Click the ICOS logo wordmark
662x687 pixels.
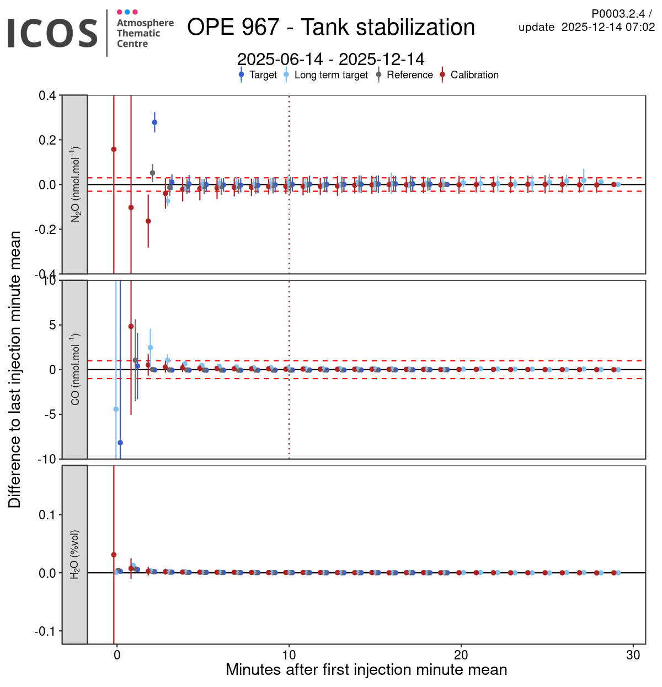tap(52, 33)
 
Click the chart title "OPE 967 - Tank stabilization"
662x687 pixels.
tap(331, 27)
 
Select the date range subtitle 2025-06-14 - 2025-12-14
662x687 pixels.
tap(331, 59)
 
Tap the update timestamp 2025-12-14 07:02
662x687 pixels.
tap(608, 27)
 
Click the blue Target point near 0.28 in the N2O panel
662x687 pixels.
tap(154, 123)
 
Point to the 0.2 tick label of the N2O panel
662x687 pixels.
tap(47, 140)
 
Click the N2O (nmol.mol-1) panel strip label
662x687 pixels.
tap(75, 184)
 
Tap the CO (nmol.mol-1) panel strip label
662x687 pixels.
tap(75, 369)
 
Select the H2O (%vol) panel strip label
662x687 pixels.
tap(75, 555)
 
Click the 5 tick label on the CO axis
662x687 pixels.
tap(52, 325)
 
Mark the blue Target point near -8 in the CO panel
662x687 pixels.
tap(120, 443)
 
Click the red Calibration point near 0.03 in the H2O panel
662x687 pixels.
tap(114, 555)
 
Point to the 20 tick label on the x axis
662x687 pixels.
tap(461, 655)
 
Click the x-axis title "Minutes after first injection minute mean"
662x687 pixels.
tap(366, 670)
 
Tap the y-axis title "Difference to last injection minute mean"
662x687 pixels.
tap(15, 369)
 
